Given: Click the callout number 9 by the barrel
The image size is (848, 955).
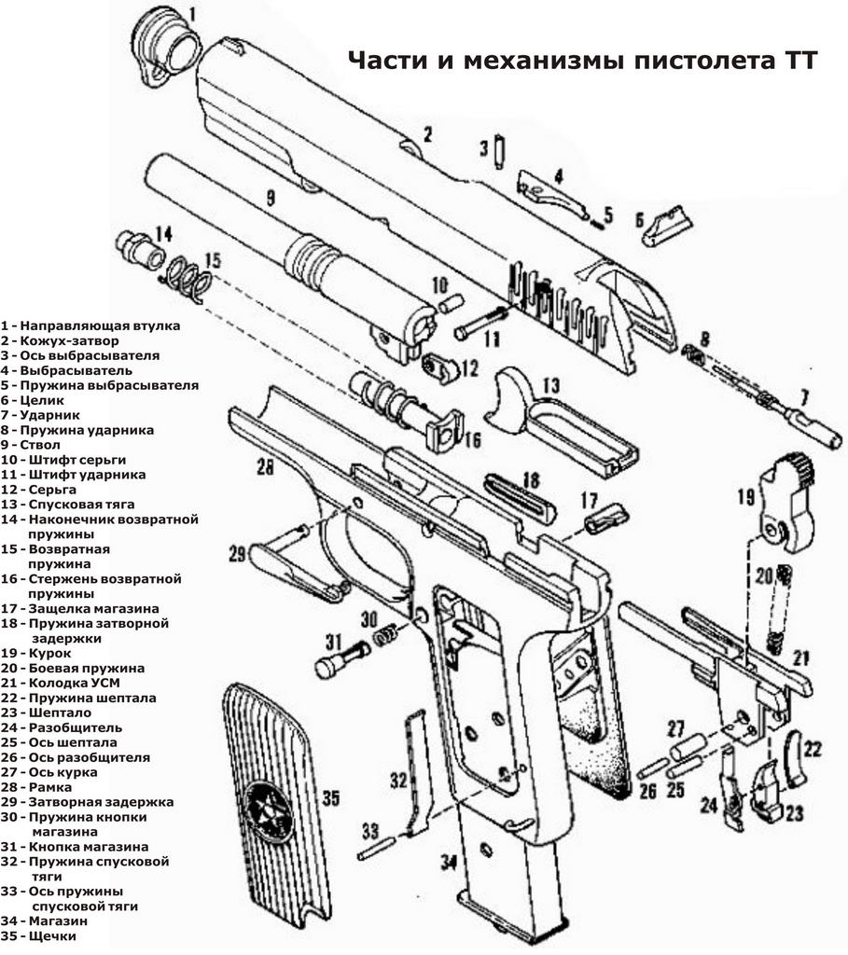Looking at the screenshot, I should (270, 197).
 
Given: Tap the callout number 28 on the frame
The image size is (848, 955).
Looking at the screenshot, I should (265, 468).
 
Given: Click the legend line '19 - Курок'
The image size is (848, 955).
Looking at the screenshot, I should (36, 653).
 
